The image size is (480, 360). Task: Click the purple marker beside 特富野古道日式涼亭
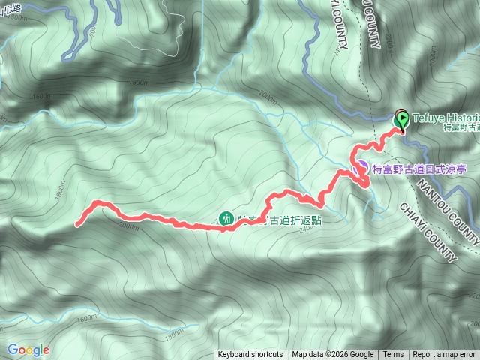361,167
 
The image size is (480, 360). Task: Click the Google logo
28,349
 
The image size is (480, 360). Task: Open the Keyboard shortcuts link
250,355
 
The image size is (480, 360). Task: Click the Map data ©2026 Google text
332,355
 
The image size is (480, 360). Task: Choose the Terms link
393,355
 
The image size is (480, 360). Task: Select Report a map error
445,355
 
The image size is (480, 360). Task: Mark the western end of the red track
78,223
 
